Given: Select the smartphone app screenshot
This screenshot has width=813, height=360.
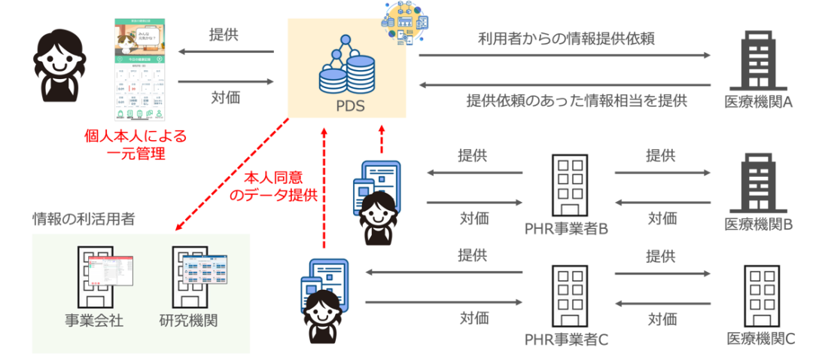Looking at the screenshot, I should tap(139, 69).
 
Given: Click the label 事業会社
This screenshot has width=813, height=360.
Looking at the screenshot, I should tap(93, 320).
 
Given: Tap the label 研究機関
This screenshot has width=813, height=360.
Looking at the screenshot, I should tap(189, 320).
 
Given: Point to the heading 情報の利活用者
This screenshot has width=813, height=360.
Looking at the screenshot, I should tap(84, 218).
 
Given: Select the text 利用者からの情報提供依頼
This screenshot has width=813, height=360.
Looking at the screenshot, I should tap(565, 40).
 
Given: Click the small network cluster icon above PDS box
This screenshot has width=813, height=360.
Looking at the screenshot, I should tap(404, 23).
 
